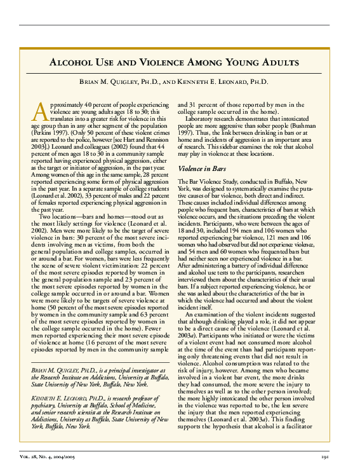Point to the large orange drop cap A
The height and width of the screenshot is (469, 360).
39,110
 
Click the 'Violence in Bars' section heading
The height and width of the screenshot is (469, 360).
201,169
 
